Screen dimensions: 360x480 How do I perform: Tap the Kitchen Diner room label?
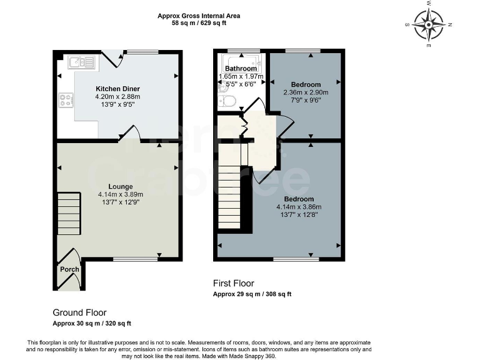117,88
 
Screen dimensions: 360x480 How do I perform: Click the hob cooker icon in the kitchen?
66,98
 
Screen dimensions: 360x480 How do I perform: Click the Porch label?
69,269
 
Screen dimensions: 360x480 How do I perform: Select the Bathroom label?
241,69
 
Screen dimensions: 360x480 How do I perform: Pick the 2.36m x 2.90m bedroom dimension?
306,92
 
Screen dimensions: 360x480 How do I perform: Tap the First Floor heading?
234,283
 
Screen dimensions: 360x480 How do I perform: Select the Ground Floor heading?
79,312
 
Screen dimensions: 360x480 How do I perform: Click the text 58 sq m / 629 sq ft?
198,23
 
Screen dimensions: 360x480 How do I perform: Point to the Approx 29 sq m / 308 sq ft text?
252,294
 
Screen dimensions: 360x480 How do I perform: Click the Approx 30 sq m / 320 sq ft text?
92,324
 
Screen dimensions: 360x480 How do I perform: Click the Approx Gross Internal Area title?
198,16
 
